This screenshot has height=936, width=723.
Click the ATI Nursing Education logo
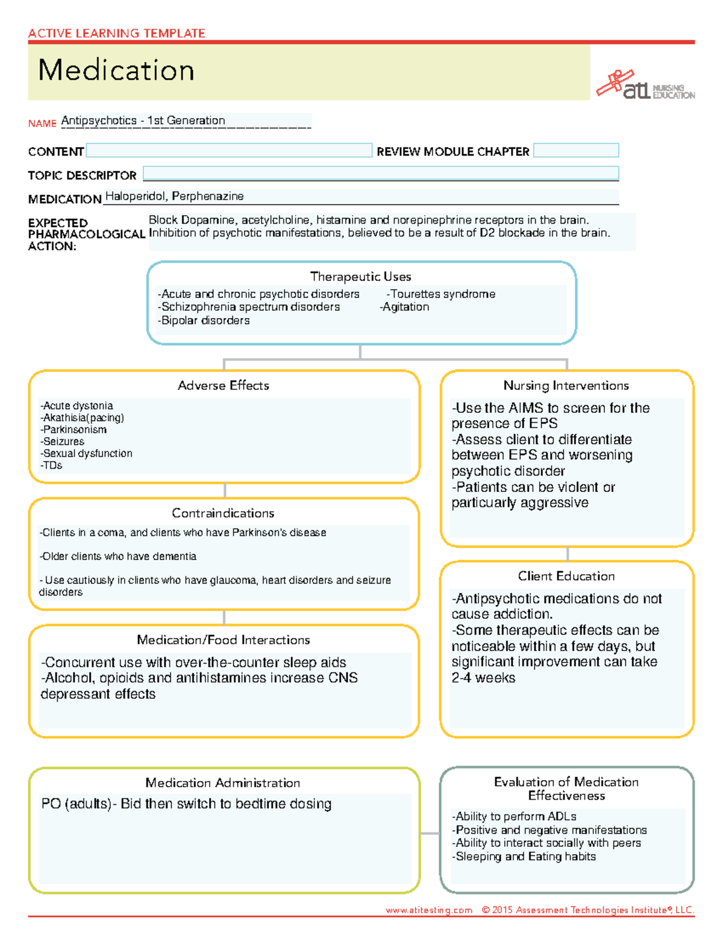(x=645, y=86)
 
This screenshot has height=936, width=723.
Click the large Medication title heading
(x=116, y=71)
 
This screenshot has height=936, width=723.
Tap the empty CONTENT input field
(x=229, y=151)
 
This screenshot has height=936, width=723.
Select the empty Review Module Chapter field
(x=576, y=151)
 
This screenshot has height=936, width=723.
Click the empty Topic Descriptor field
(x=381, y=174)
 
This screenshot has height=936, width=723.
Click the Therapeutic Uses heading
(x=360, y=277)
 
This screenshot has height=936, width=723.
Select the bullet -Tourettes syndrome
(x=441, y=294)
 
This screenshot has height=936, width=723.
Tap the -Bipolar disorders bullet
(x=204, y=321)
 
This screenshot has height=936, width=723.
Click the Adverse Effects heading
(x=223, y=386)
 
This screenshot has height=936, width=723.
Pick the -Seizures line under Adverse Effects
(x=63, y=441)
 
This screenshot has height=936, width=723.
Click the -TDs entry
(x=52, y=465)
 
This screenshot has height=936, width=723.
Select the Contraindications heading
(x=223, y=513)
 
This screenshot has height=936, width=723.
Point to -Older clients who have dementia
(x=118, y=556)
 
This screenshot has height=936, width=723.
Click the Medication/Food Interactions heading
(x=223, y=640)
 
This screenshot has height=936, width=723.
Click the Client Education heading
(x=566, y=576)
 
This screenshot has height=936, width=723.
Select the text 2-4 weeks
(x=483, y=678)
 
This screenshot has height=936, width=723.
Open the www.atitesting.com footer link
(x=429, y=910)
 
